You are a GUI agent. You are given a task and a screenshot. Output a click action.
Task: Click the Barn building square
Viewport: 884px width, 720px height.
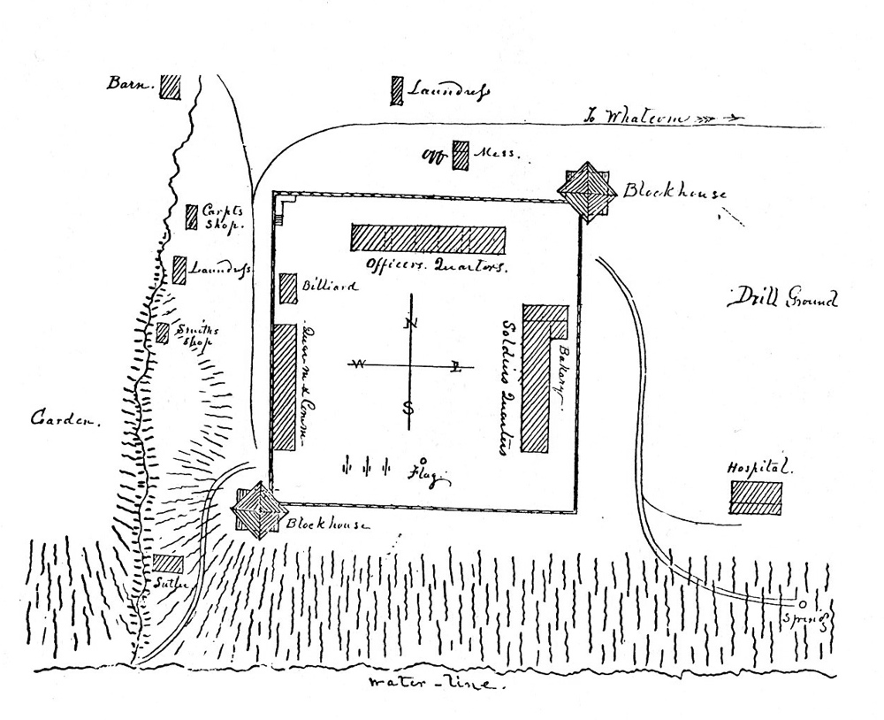click(x=171, y=86)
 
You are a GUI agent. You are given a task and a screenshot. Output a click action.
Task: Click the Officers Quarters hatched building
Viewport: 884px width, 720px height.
click(x=428, y=239)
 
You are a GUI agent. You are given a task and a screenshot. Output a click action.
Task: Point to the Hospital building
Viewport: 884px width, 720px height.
click(x=756, y=497)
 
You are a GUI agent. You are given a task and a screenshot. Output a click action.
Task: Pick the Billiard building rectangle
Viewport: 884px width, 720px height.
click(x=288, y=288)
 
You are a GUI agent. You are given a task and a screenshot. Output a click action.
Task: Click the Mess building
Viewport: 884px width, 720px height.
click(x=461, y=156)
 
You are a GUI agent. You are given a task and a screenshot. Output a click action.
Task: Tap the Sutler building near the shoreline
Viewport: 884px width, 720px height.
click(x=168, y=563)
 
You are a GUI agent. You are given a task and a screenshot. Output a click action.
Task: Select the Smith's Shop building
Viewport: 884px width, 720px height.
click(x=163, y=333)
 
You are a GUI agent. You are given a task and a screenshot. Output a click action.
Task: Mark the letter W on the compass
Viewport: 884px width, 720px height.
click(x=360, y=364)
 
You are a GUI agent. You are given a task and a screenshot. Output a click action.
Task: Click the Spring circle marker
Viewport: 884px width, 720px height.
click(x=802, y=604)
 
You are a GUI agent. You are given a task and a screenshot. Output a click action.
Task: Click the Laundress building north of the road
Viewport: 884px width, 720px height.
click(x=397, y=90)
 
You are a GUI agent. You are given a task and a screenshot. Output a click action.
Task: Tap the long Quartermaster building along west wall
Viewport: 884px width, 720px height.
click(x=283, y=386)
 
